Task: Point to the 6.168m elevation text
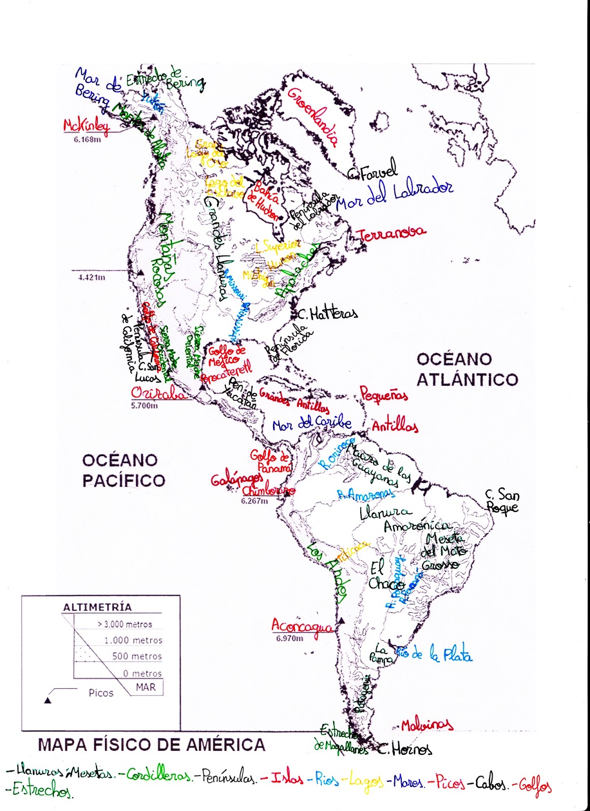coord(87,140)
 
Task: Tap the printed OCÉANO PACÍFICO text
coord(123,470)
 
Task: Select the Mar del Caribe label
coord(311,424)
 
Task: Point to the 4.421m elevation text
coord(92,278)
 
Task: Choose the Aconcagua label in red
coord(302,626)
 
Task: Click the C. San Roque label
coord(502,501)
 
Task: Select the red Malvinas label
coord(427,725)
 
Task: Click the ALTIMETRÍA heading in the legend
coord(97,607)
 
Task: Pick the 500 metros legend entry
coord(136,656)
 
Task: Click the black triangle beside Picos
coord(48,700)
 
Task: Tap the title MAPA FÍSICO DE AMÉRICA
coord(152,745)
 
